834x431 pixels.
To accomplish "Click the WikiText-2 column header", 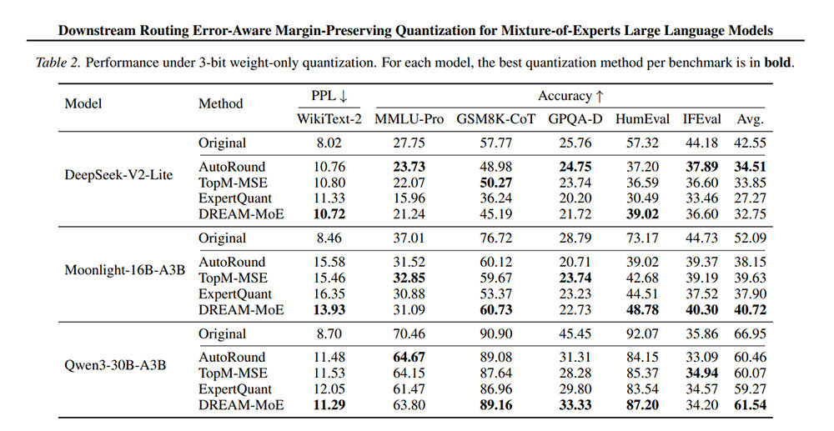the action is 329,119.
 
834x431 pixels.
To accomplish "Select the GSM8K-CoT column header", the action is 495,119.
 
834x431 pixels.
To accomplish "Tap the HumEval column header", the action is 642,119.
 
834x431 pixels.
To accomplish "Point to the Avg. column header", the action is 750,119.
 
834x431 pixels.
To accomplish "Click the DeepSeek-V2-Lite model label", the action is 118,175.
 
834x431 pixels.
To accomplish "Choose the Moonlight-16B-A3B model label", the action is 125,270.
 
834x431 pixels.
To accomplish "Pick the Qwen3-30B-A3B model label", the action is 115,366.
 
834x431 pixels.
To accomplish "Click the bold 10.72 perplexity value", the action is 329,214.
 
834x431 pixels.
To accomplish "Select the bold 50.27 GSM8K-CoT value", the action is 495,183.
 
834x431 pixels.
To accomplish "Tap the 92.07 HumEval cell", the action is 642,333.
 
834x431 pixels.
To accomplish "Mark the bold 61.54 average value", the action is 750,405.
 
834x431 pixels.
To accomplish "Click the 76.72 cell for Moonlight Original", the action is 495,238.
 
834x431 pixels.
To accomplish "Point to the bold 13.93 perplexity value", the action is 329,309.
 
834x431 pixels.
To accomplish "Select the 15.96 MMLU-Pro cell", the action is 409,198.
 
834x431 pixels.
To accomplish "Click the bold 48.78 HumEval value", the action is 642,309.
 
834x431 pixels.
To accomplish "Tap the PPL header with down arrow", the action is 329,96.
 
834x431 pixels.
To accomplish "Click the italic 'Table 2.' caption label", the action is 58,63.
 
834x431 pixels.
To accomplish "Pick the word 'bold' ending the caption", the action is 778,63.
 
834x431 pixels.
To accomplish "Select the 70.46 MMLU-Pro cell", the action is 409,333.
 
